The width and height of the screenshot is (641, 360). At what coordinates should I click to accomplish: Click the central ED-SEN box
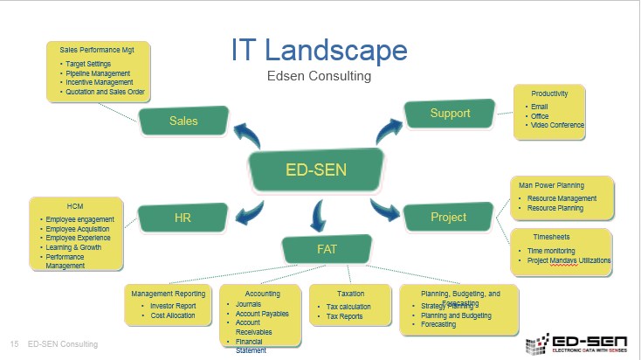coord(316,169)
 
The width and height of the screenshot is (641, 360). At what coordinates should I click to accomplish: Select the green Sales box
coord(183,121)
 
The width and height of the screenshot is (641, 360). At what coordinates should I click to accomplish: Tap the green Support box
coord(450,114)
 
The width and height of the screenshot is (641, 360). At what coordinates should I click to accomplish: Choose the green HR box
coord(183,217)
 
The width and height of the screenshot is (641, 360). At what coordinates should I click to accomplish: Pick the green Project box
coord(448,217)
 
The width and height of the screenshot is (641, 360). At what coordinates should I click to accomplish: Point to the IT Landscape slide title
coord(320,49)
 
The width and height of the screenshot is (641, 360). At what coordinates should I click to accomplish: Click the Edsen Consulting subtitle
coord(320,77)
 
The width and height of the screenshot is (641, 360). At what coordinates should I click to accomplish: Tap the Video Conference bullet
coord(557,126)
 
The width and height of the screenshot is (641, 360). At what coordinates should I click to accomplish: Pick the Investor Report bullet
coord(173,306)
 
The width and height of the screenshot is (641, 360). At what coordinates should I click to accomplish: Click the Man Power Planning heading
coord(552,185)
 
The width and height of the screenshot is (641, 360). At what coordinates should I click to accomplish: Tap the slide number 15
coord(14,344)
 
